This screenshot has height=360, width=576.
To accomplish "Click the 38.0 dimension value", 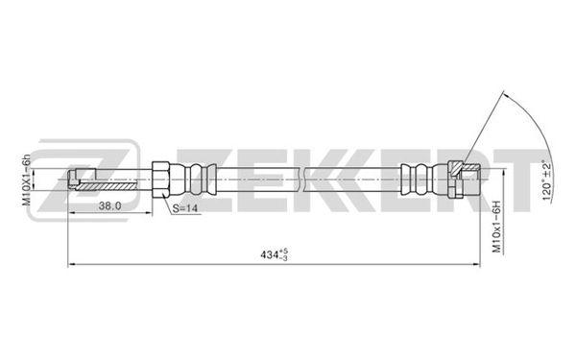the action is [109, 206].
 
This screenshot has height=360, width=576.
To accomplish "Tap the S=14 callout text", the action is [185, 208].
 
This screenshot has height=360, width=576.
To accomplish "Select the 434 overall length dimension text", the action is [274, 254].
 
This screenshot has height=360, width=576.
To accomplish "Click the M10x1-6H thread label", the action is [496, 227].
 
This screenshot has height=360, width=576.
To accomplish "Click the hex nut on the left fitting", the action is [160, 180].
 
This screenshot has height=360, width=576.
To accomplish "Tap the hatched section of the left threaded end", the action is [107, 186].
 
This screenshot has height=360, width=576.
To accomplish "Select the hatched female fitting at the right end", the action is [464, 180].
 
